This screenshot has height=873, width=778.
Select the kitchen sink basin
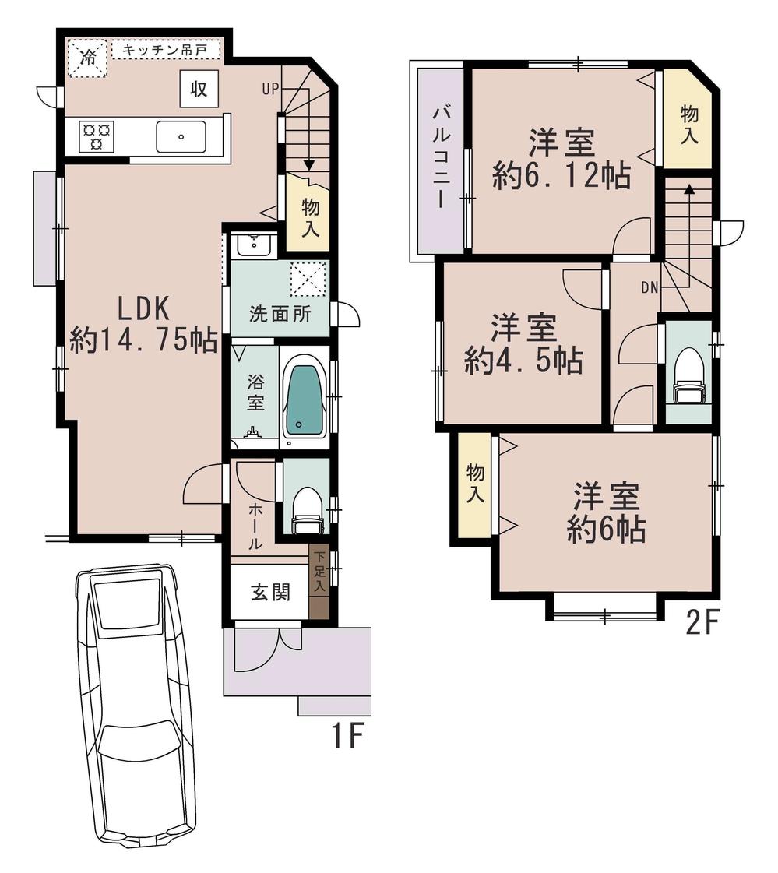click(181, 137)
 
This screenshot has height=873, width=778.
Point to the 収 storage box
click(199, 89)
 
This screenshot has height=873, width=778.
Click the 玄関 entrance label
click(270, 592)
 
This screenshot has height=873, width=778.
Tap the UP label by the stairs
click(269, 89)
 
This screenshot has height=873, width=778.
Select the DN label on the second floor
click(650, 287)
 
